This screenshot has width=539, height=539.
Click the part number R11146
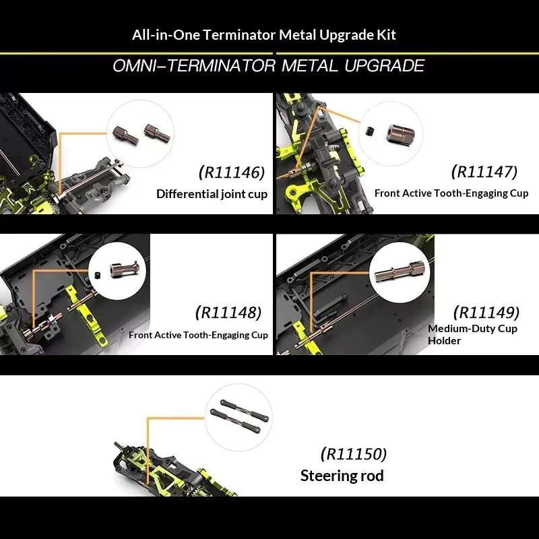[232, 172]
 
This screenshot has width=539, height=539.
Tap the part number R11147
[484, 172]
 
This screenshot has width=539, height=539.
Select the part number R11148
[228, 313]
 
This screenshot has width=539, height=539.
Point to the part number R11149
[486, 313]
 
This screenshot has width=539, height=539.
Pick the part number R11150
[354, 453]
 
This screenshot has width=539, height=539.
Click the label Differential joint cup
[212, 194]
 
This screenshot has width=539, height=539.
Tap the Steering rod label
[342, 476]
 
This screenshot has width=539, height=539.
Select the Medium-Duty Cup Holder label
[473, 334]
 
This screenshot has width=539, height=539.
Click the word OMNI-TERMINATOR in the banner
[194, 65]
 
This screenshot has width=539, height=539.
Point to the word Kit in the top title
[386, 35]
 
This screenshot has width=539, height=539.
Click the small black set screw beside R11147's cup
[369, 131]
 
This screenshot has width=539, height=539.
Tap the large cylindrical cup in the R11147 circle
[400, 133]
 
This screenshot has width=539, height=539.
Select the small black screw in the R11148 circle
[98, 275]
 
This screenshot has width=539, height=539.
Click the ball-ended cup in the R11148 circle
[125, 268]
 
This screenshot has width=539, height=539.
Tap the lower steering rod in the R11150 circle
[235, 420]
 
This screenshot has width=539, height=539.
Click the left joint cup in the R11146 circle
[125, 135]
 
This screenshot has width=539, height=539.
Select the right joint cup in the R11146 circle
[157, 133]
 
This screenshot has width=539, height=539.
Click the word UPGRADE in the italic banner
[384, 65]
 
